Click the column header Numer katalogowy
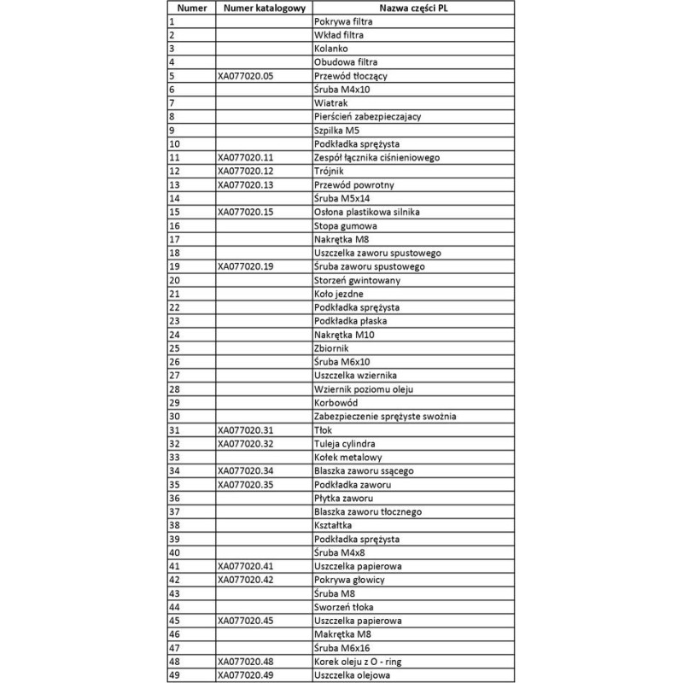264,8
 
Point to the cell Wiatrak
331,103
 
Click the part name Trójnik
330,172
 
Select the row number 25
175,348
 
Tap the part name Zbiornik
333,348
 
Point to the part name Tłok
324,430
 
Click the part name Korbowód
337,403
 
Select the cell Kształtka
334,526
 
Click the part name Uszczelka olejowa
353,675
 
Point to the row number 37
175,512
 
